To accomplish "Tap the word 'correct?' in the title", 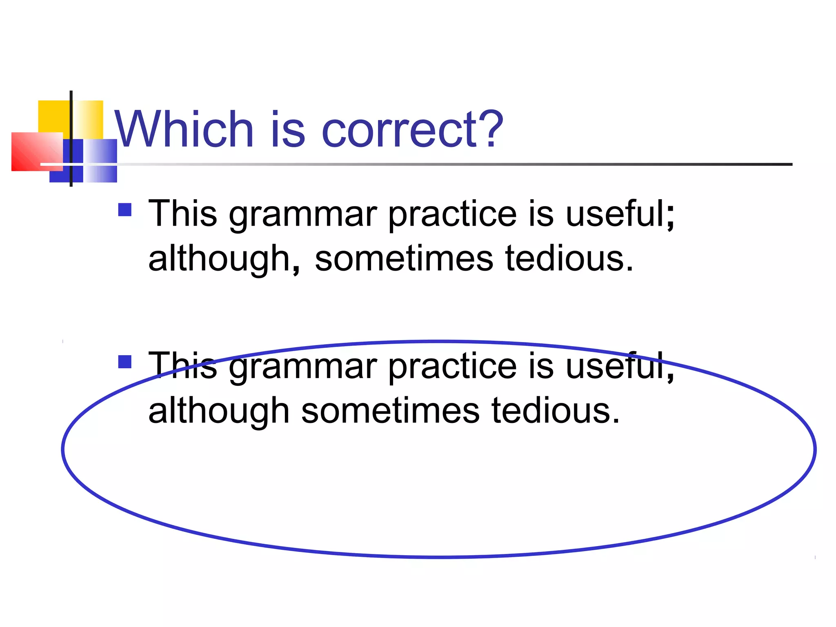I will (x=412, y=130).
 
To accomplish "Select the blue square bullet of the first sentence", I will (x=125, y=210).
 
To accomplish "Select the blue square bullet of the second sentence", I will (x=125, y=362).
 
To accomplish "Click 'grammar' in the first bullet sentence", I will (x=302, y=215).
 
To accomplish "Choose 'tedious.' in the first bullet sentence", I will (x=569, y=259).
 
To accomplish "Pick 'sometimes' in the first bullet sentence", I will (x=404, y=259).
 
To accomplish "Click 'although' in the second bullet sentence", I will (x=219, y=411).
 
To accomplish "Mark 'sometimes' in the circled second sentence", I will (x=390, y=411).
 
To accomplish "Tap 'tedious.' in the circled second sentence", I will (x=556, y=411).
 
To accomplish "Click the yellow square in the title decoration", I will (x=53, y=116).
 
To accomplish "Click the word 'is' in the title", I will (x=287, y=130).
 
